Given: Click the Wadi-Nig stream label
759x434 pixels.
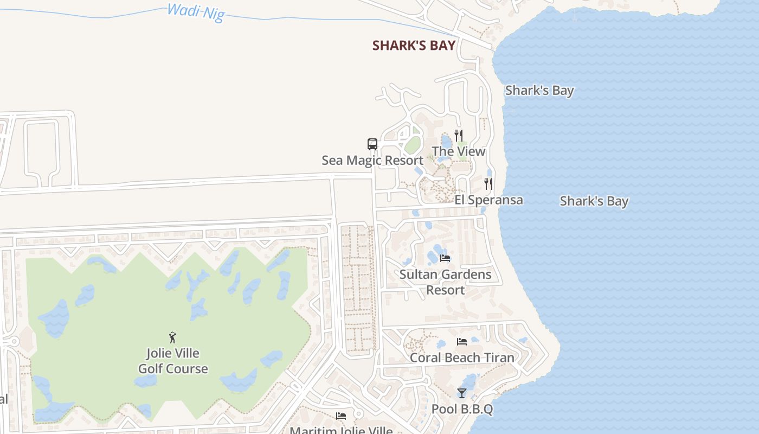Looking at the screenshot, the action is click(196, 12).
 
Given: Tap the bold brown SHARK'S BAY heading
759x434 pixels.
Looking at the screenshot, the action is click(414, 46).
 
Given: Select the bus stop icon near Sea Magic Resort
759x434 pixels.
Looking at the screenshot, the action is click(372, 144).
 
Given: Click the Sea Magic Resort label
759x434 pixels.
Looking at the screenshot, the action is click(372, 161).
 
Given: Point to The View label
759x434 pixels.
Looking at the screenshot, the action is click(459, 151).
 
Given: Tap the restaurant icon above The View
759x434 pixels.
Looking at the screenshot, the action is click(459, 135).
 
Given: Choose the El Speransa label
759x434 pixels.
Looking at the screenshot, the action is click(488, 200).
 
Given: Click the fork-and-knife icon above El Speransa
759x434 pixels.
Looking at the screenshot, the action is click(488, 184).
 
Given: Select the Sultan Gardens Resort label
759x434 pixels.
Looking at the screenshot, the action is click(445, 275).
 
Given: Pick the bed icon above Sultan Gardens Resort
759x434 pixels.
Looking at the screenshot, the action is click(445, 258).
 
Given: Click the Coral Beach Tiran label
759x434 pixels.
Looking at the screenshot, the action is click(462, 358).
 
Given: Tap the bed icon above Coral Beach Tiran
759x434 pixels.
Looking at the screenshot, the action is click(462, 342).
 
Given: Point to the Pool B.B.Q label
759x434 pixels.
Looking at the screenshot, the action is click(462, 409).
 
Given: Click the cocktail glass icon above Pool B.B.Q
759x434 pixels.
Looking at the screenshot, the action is click(462, 393).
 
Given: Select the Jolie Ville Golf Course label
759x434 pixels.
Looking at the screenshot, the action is click(173, 361).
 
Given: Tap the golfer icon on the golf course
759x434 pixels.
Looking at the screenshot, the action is click(173, 337).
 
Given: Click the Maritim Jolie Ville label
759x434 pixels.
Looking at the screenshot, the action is click(341, 430).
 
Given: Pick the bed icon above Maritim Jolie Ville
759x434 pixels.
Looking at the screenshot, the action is click(341, 416).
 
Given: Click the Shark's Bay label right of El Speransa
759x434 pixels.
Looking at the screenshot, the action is click(594, 201).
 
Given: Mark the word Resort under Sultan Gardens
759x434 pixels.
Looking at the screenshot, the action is click(445, 290).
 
